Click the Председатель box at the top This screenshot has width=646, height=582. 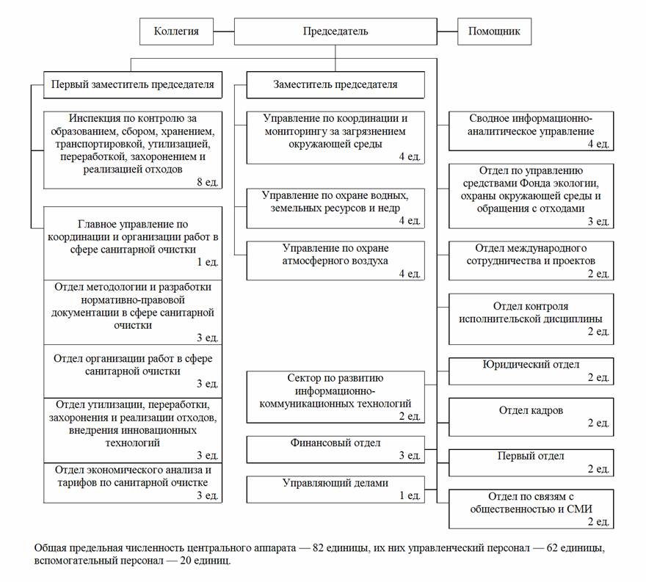point(335,32)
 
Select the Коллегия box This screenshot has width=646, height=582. point(176,32)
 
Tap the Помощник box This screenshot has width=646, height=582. point(494,32)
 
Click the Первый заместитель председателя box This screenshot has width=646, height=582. point(132,84)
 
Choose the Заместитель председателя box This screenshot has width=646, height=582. point(335,84)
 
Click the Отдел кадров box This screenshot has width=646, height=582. point(531,416)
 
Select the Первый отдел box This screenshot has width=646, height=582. point(531,462)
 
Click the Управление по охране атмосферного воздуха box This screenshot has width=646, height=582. point(335,261)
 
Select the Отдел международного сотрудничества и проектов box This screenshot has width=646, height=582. point(531,261)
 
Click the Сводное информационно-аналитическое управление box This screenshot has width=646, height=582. point(531,131)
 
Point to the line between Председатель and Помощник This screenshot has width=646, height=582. point(447,32)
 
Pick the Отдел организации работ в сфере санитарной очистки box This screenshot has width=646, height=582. point(132,371)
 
